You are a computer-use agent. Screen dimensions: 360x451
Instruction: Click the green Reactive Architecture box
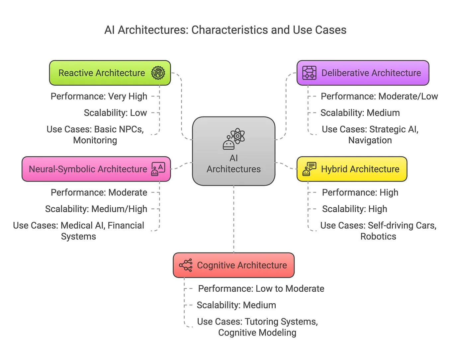(110, 73)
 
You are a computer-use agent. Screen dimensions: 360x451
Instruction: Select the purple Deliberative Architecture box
(363, 73)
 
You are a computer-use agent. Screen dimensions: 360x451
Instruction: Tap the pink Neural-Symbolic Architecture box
(96, 169)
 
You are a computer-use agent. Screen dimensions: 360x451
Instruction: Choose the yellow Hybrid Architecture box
(352, 169)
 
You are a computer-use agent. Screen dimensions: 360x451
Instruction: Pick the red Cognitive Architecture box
(233, 265)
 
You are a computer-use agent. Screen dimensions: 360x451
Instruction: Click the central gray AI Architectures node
(233, 151)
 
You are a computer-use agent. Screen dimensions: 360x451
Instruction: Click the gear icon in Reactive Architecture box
(158, 73)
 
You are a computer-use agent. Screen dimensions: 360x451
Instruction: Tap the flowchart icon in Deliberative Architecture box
(309, 73)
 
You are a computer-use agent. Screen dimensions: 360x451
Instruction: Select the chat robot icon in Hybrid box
(309, 169)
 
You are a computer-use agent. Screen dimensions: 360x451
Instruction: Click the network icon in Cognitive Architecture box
(186, 265)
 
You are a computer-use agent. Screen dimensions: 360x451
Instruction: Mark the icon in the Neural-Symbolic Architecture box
(158, 169)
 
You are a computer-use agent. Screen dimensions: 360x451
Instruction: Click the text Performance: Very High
(99, 97)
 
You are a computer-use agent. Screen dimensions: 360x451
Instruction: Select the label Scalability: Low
(115, 113)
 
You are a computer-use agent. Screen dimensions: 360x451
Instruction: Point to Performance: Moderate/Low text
(379, 97)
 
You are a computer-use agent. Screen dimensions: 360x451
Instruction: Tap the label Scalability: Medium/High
(96, 209)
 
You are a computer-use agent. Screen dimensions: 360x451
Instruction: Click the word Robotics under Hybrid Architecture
(378, 237)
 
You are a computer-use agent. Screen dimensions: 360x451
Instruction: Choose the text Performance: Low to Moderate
(261, 289)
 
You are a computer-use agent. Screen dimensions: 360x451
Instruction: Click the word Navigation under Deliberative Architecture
(370, 140)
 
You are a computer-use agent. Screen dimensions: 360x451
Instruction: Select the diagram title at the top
(225, 30)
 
